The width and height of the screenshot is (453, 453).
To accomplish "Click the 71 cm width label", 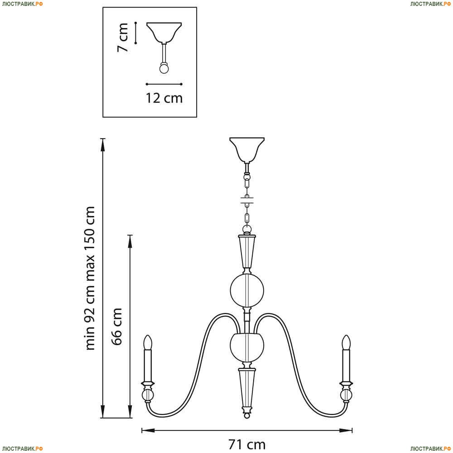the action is pyautogui.click(x=247, y=444).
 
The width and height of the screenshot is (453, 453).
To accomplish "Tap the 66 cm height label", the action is pyautogui.click(x=117, y=327).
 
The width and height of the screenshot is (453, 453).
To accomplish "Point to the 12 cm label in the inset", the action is pyautogui.click(x=164, y=98).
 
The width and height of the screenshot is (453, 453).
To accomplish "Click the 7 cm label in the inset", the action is pyautogui.click(x=122, y=38).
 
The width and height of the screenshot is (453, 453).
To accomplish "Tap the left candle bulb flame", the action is pyautogui.click(x=148, y=342).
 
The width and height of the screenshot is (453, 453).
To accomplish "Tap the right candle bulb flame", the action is pyautogui.click(x=346, y=342).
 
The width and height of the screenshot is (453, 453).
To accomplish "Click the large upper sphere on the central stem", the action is pyautogui.click(x=247, y=291).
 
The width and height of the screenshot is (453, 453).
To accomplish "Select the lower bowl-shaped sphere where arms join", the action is pyautogui.click(x=247, y=347).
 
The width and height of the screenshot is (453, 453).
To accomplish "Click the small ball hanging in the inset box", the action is pyautogui.click(x=164, y=69).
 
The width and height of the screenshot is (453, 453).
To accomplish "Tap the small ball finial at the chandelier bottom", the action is pyautogui.click(x=247, y=415).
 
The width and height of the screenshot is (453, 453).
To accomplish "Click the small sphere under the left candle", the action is pyautogui.click(x=148, y=395).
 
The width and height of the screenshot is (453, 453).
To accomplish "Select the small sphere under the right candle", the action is pyautogui.click(x=346, y=395).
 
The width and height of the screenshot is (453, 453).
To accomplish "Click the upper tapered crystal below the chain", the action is pyautogui.click(x=247, y=252).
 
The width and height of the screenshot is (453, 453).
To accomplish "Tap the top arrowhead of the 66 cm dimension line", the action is pyautogui.click(x=130, y=241).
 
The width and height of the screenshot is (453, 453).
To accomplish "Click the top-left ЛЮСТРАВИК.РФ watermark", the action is pyautogui.click(x=22, y=4).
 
